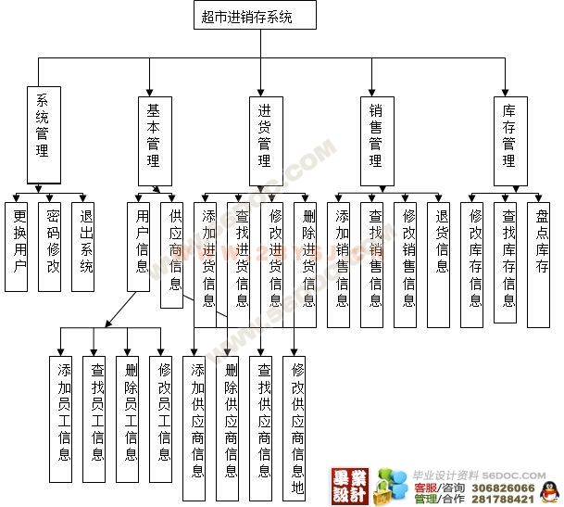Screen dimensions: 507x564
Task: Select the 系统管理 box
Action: (43, 137)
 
